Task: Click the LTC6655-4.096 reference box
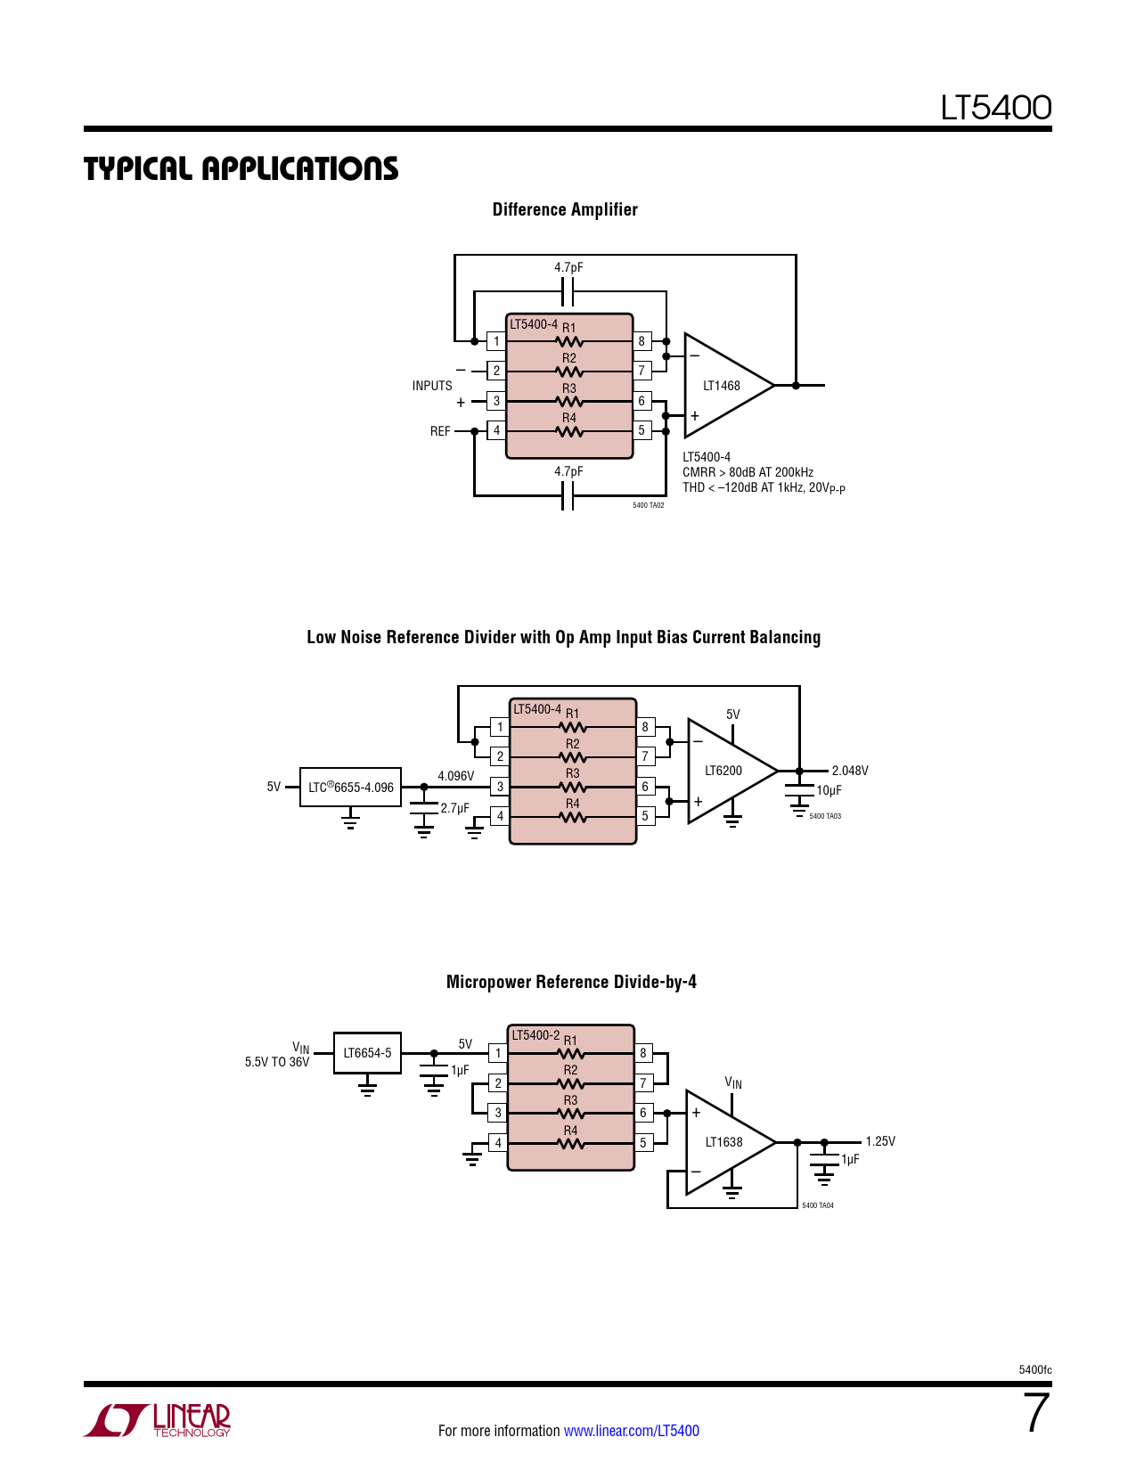[351, 788]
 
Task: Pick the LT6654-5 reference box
[367, 1053]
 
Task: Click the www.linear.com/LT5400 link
[632, 1431]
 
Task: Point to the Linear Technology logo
[158, 1420]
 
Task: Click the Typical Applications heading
[241, 168]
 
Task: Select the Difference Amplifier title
[565, 209]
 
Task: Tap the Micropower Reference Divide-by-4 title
[571, 982]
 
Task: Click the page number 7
[1036, 1413]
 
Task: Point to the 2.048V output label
[850, 771]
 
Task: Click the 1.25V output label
[880, 1141]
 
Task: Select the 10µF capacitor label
[830, 790]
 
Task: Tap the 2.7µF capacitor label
[455, 808]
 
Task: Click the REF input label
[440, 431]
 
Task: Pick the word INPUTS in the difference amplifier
[432, 386]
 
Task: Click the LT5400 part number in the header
[996, 108]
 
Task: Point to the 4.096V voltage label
[456, 776]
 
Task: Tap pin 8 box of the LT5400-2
[643, 1053]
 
